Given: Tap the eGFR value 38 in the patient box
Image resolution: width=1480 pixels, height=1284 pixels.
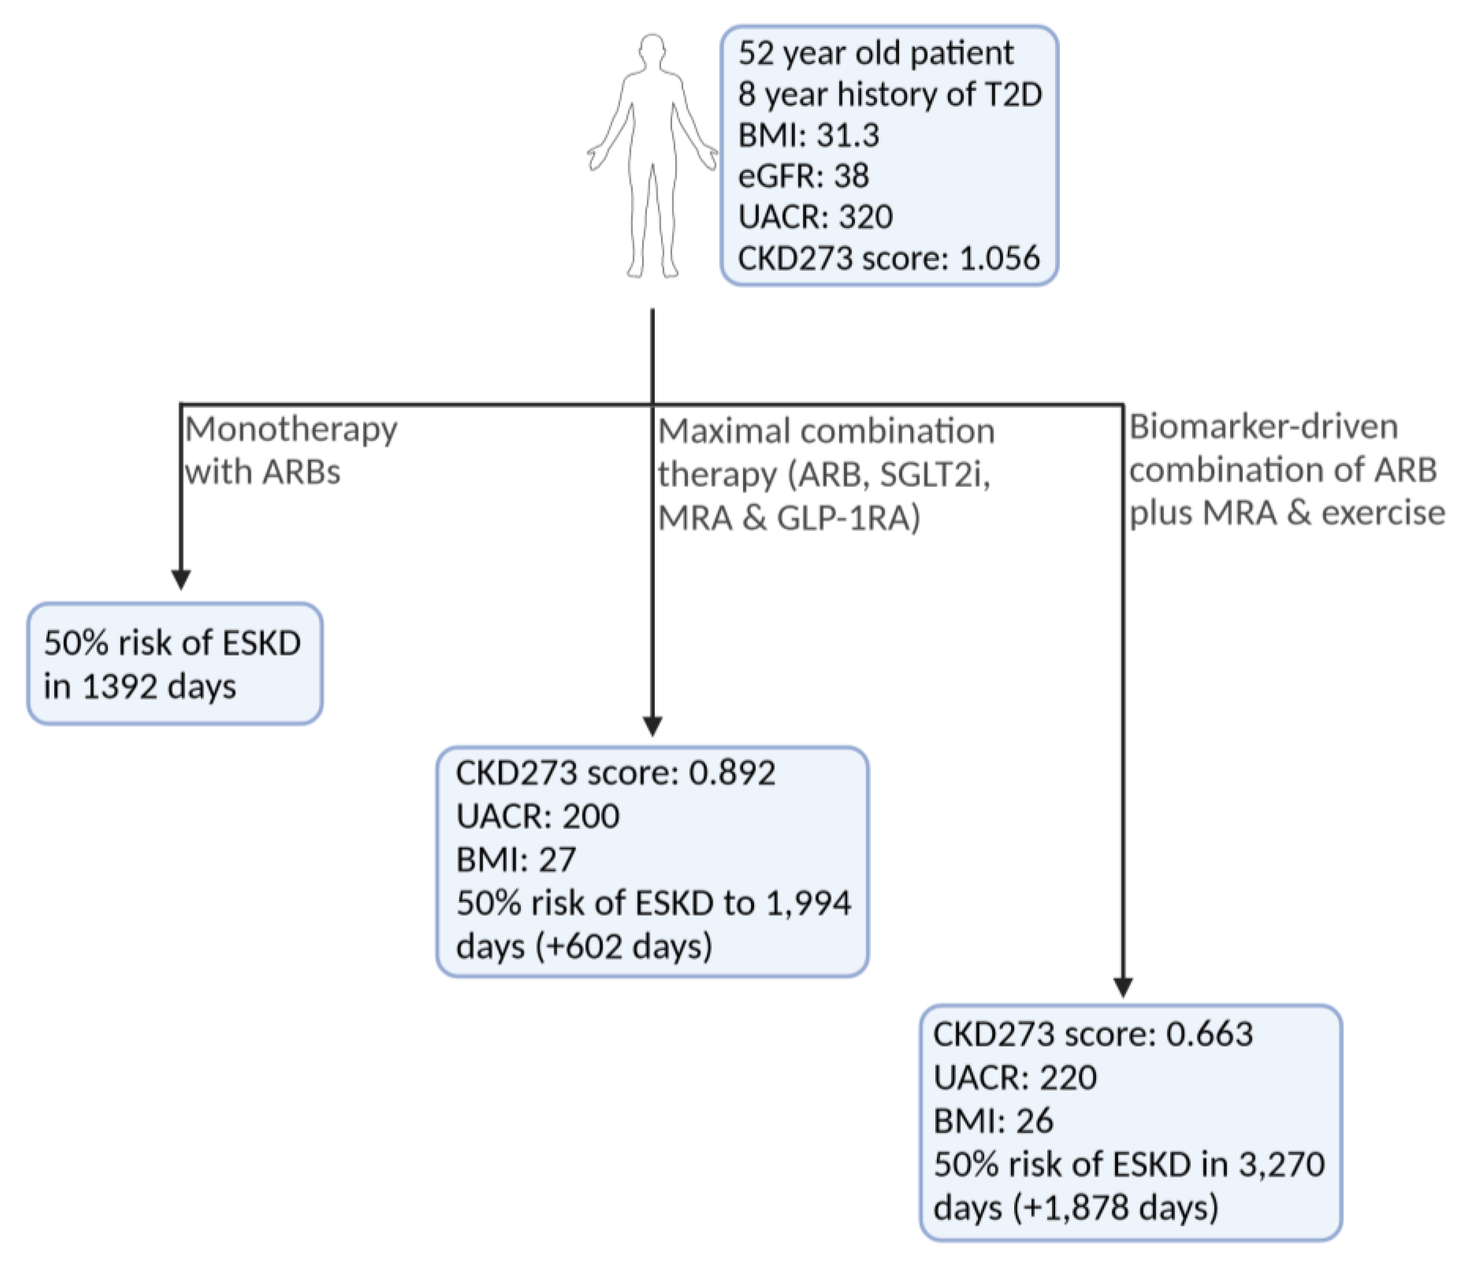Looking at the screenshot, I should (850, 175).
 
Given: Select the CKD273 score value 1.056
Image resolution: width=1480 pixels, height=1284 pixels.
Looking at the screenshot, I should (999, 258).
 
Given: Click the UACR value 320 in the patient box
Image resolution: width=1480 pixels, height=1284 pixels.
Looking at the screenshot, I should (866, 217).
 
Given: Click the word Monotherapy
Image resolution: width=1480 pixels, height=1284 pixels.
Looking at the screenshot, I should (291, 430).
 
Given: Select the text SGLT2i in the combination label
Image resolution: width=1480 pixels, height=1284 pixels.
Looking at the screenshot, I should (934, 474).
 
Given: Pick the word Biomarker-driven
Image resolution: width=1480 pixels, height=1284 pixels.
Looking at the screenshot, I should (1263, 427).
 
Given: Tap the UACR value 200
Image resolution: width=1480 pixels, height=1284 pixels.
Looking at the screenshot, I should (590, 816).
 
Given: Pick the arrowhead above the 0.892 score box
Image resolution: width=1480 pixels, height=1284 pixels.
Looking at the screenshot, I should (652, 726).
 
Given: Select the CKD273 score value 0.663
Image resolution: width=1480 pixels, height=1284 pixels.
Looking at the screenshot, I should (1209, 1034).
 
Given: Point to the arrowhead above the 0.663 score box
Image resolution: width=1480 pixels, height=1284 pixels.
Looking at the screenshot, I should (1122, 987).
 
